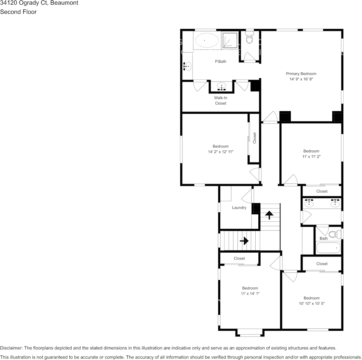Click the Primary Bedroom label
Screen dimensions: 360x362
[x=301, y=74]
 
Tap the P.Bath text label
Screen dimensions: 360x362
[x=221, y=61]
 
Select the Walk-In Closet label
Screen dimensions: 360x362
[x=221, y=100]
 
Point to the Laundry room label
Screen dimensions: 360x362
[x=239, y=208]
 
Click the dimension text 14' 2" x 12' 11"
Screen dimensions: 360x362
[x=221, y=152]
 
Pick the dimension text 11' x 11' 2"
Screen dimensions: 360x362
[x=311, y=156]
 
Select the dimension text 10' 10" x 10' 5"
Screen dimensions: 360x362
[x=311, y=304]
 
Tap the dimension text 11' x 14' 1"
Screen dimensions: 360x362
[x=250, y=293]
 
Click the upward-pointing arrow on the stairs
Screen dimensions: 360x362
[x=269, y=215]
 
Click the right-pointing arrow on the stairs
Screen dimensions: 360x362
[x=244, y=241]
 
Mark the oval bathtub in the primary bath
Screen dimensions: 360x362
[x=206, y=40]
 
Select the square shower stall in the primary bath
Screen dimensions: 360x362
[x=230, y=40]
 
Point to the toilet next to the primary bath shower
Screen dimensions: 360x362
[x=250, y=37]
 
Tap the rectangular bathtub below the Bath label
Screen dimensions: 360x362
[x=328, y=248]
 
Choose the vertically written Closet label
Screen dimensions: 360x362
[x=255, y=138]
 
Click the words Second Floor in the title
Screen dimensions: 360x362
[x=18, y=12]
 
